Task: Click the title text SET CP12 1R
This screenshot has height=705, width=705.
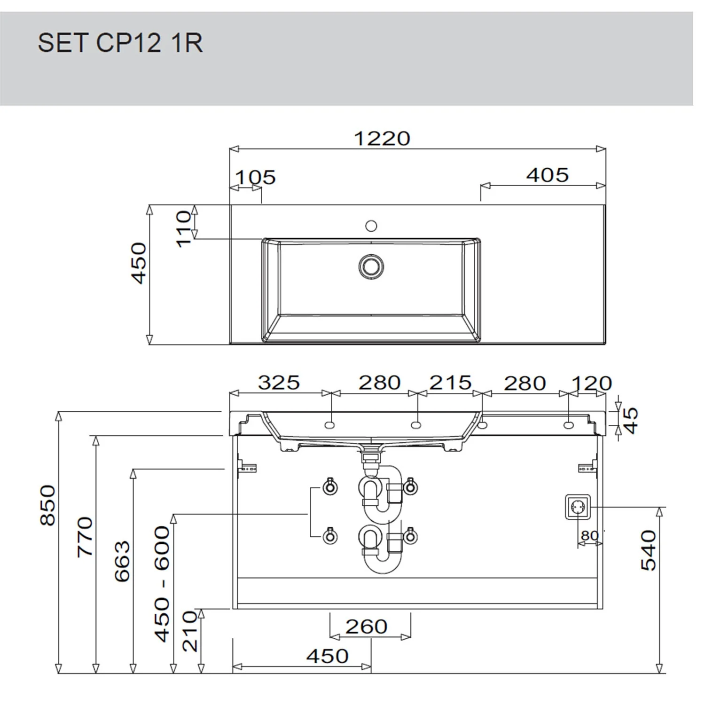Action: tap(120, 43)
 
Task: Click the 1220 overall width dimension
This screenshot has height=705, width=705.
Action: tap(382, 139)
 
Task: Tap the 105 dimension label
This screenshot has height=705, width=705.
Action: tap(256, 178)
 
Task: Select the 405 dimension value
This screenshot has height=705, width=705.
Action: tap(548, 175)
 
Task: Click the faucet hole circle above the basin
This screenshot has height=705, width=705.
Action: tap(371, 226)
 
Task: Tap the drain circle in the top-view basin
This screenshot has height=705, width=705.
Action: tap(371, 266)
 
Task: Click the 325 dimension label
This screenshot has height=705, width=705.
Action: tap(279, 383)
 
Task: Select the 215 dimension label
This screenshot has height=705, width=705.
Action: tap(450, 383)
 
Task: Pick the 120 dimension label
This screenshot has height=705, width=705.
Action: tap(592, 384)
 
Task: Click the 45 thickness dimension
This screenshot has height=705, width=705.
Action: tap(631, 420)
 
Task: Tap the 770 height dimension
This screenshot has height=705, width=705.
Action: tap(85, 537)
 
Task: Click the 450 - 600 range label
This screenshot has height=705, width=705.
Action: tap(162, 584)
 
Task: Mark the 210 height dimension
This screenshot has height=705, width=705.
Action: tap(190, 631)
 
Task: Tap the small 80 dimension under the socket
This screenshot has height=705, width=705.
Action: tap(589, 536)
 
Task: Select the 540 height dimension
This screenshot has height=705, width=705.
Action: tap(649, 550)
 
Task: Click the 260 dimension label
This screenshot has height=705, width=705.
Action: tap(367, 627)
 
